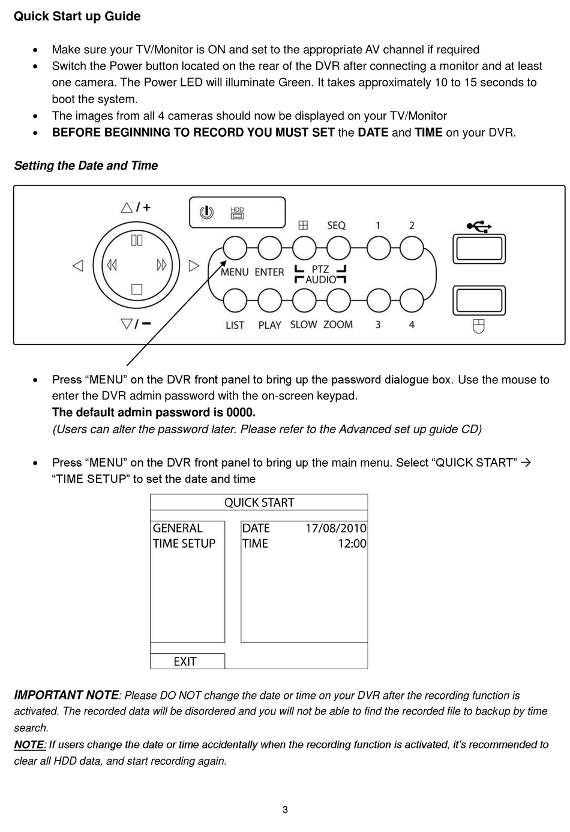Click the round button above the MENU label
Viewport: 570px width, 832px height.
click(235, 248)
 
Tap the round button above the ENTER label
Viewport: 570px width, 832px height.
click(269, 248)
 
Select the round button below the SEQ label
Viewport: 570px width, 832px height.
click(338, 248)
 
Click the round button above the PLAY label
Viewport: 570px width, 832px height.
click(269, 301)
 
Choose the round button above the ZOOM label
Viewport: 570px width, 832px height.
click(338, 301)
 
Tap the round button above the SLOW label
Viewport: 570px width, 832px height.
click(304, 301)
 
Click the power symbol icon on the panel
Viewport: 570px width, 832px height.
click(206, 212)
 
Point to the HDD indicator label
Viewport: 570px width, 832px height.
click(238, 212)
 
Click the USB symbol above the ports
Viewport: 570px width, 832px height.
click(479, 226)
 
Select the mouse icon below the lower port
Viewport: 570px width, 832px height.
click(478, 326)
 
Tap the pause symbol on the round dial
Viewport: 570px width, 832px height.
click(137, 240)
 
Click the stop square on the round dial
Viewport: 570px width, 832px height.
click(137, 290)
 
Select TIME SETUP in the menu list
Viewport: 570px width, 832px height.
click(184, 543)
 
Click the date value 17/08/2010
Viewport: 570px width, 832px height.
click(335, 528)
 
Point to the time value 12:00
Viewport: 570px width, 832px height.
click(352, 543)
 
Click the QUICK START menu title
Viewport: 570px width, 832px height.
click(259, 503)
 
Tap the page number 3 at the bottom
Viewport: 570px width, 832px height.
click(285, 810)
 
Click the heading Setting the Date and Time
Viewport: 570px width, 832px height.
click(86, 166)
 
